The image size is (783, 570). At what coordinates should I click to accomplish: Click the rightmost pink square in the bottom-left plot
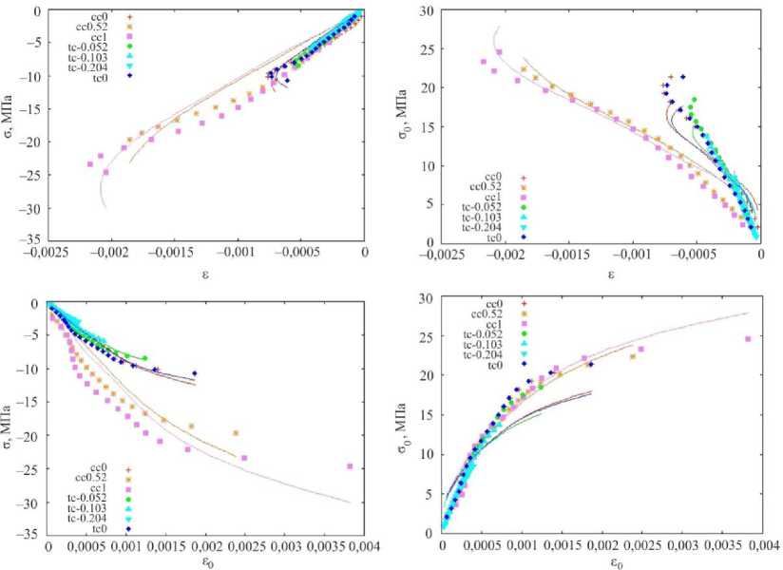[x=350, y=466]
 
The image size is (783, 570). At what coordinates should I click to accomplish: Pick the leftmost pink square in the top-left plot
[x=90, y=164]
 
